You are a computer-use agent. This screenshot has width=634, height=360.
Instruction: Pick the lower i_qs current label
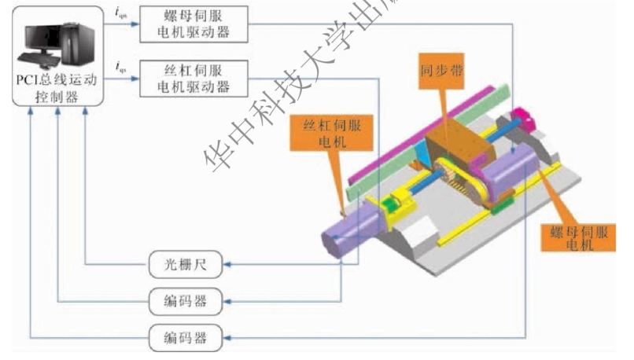[120, 67]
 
